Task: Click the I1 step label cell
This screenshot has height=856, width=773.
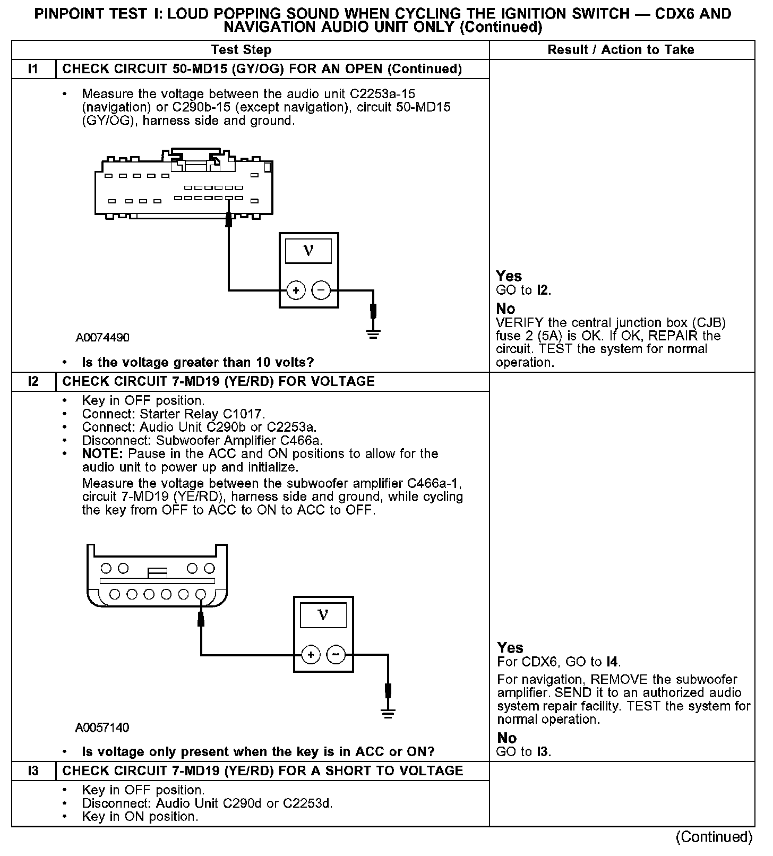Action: [x=33, y=69]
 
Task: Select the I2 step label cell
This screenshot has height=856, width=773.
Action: [x=33, y=381]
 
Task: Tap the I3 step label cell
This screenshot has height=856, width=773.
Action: [x=33, y=771]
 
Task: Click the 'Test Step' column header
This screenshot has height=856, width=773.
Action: [x=241, y=50]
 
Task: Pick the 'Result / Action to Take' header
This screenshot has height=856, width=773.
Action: [x=621, y=50]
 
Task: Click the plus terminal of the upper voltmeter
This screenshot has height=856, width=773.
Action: [x=296, y=290]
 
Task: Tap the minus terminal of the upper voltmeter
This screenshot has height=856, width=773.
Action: [x=321, y=290]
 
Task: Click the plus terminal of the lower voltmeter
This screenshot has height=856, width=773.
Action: [x=311, y=655]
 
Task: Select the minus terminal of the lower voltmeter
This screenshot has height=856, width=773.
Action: [x=336, y=655]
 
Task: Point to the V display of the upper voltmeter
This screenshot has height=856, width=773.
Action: [x=308, y=251]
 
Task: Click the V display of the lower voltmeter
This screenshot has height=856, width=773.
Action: [x=323, y=615]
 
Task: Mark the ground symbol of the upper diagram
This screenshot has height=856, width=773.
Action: [x=374, y=335]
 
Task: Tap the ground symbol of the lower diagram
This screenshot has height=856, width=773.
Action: [x=389, y=714]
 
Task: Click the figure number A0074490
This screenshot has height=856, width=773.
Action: [x=102, y=338]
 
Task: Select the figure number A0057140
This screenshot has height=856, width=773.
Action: [x=102, y=727]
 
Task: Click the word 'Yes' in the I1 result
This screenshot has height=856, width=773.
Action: [x=509, y=276]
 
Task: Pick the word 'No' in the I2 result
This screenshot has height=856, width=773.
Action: [x=506, y=738]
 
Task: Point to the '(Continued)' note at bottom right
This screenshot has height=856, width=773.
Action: [x=714, y=837]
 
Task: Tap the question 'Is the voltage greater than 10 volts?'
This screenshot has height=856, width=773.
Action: [x=198, y=363]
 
